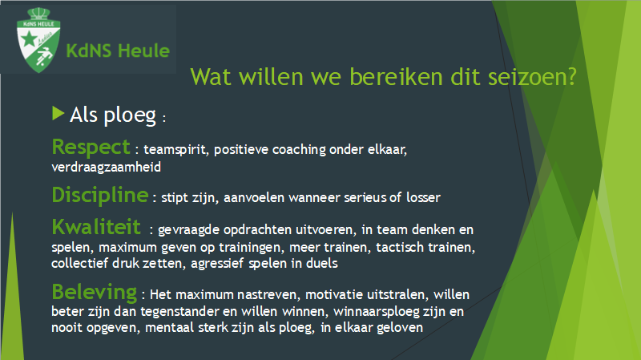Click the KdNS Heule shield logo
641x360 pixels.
(x=38, y=41)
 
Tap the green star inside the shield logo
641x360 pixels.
(x=29, y=39)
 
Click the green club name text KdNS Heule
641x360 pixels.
(x=118, y=51)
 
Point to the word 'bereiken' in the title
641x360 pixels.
(x=396, y=76)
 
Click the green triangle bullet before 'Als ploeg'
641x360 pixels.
(x=58, y=113)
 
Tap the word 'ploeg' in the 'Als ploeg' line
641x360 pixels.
(x=130, y=115)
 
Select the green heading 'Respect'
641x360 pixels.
(x=91, y=148)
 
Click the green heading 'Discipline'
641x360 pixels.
(x=100, y=195)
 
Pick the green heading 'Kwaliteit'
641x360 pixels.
(x=96, y=227)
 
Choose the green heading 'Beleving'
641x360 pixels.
(x=95, y=293)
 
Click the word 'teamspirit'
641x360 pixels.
(x=176, y=150)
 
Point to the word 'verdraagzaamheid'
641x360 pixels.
(x=107, y=168)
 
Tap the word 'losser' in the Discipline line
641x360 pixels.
(x=423, y=197)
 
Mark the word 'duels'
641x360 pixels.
(x=322, y=263)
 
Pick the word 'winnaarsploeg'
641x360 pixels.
(x=376, y=312)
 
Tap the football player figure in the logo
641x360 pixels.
(x=44, y=55)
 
